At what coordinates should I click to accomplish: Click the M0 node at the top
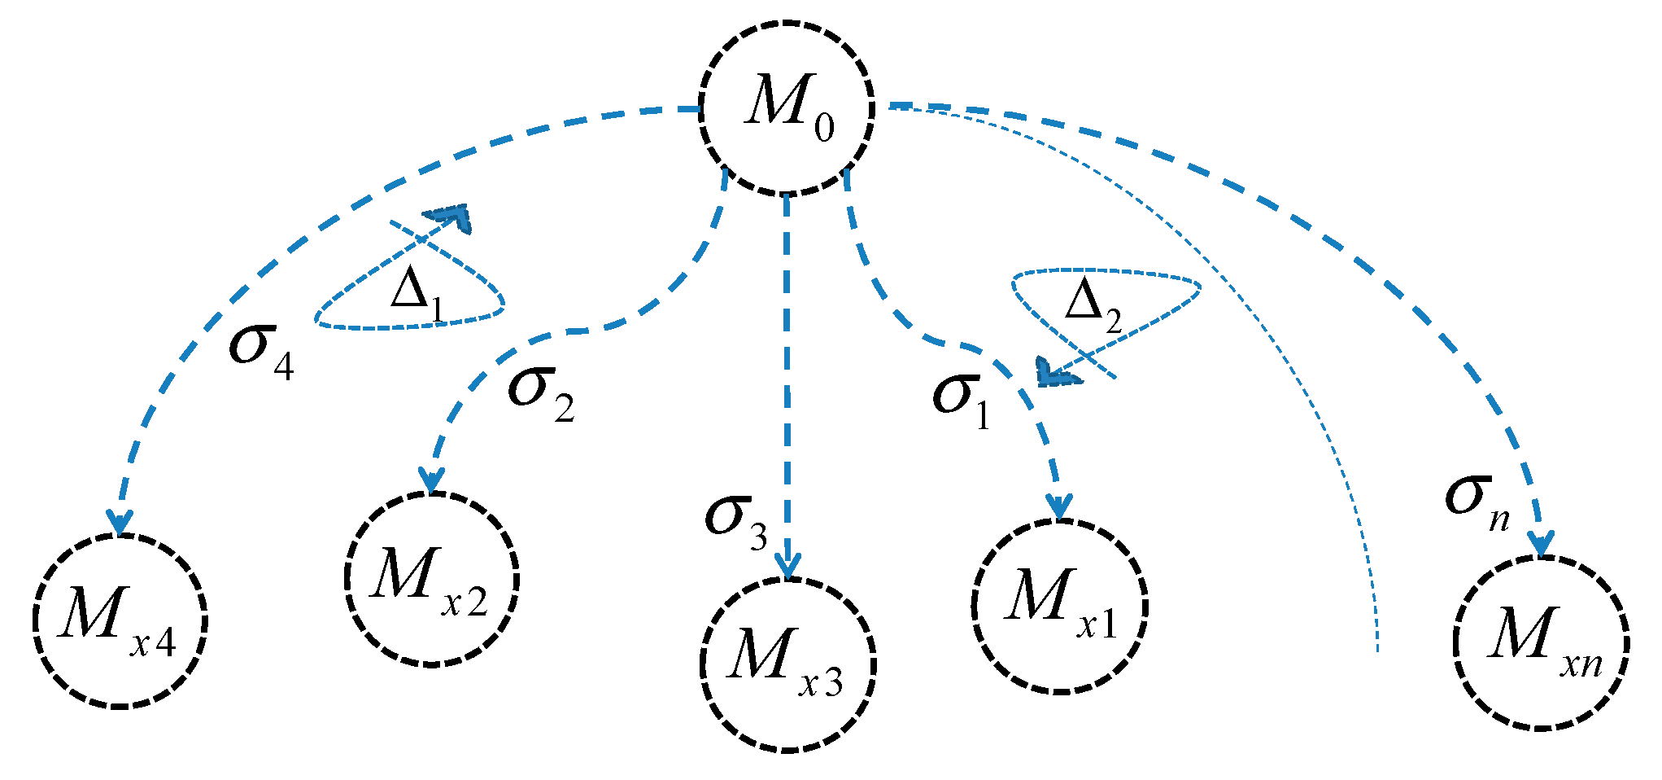(787, 107)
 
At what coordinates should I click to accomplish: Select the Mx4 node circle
(120, 621)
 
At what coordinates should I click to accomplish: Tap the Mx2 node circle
(431, 579)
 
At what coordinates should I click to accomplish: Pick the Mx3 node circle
(787, 664)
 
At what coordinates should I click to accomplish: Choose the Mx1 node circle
(1059, 607)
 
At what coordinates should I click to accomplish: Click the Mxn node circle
(1540, 643)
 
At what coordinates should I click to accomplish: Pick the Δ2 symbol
(1093, 305)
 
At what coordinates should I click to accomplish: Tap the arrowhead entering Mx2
(431, 480)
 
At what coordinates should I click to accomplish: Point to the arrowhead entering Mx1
(1059, 506)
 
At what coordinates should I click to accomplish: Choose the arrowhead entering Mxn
(1540, 544)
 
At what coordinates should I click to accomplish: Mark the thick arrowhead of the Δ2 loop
(1055, 373)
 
